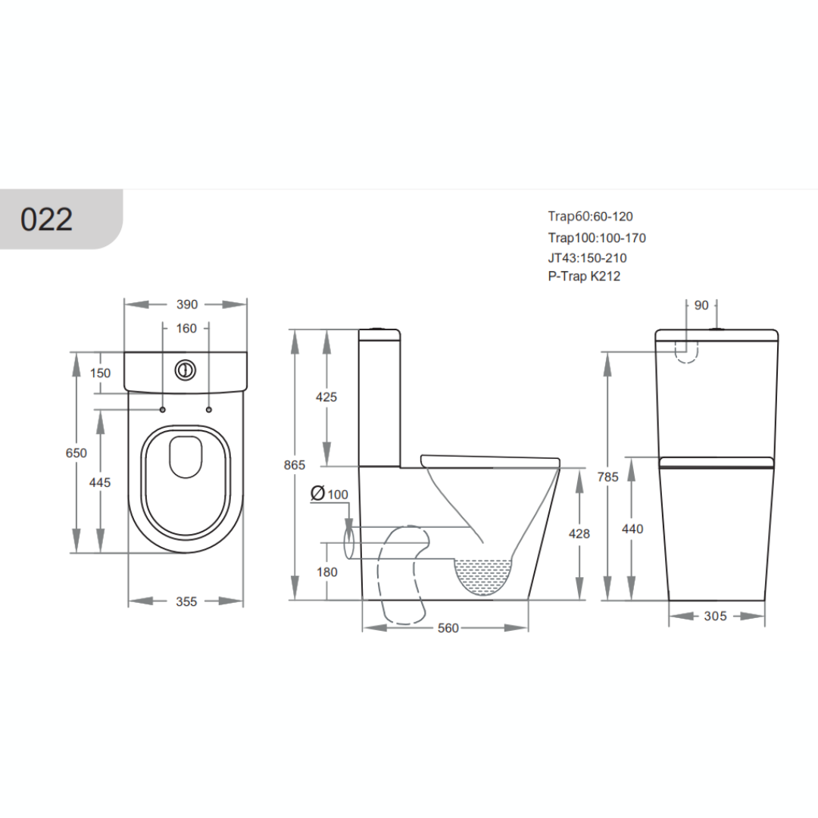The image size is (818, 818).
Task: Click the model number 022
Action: (x=46, y=219)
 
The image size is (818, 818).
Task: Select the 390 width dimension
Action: (x=187, y=304)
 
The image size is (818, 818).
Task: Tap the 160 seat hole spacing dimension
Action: (x=186, y=328)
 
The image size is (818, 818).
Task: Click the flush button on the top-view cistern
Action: (x=185, y=370)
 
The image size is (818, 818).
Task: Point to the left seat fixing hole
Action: (x=162, y=410)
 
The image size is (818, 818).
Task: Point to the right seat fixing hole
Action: (x=209, y=410)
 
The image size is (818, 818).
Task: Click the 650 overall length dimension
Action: (x=76, y=453)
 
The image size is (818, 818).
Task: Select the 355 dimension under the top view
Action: (x=186, y=601)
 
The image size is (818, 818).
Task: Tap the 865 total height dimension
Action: (x=294, y=465)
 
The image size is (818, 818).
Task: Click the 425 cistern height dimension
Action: (x=326, y=397)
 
